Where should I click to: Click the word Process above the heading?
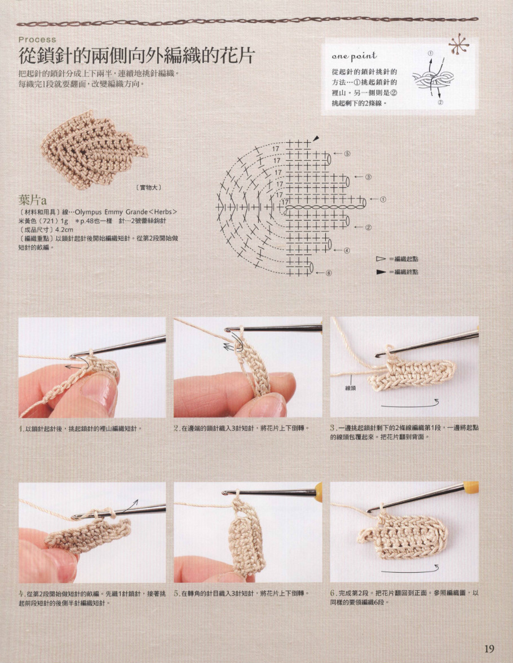point(37,39)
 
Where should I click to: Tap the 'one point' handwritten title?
point(354,56)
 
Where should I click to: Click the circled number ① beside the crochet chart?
point(383,199)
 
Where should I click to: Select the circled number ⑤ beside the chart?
point(347,154)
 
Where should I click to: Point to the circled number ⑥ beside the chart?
point(328,273)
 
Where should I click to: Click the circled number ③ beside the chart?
point(368,177)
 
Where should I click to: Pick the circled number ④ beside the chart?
point(347,251)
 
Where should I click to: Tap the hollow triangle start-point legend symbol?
point(381,259)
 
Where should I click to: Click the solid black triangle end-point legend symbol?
point(381,272)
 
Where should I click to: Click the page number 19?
point(489,648)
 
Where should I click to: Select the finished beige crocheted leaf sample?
point(93,150)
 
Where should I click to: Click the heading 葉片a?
point(32,200)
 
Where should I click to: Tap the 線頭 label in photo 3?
point(351,387)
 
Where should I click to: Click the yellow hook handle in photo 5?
point(318,492)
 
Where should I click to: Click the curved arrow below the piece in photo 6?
point(410,569)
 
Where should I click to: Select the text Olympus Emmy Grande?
point(111,212)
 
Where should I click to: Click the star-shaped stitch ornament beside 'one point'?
point(458,45)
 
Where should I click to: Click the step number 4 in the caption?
point(21,594)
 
